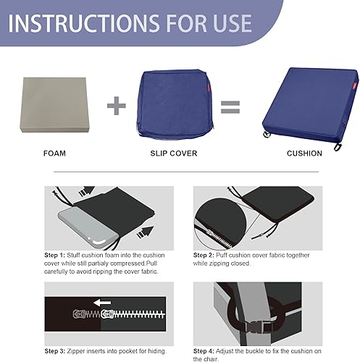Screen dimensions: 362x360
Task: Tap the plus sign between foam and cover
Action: point(117,106)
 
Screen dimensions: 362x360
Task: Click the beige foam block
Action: point(54,104)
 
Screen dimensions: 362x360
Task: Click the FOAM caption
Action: point(54,153)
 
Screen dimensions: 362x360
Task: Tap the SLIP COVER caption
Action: point(175,153)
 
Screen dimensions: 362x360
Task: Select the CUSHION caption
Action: point(304,153)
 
